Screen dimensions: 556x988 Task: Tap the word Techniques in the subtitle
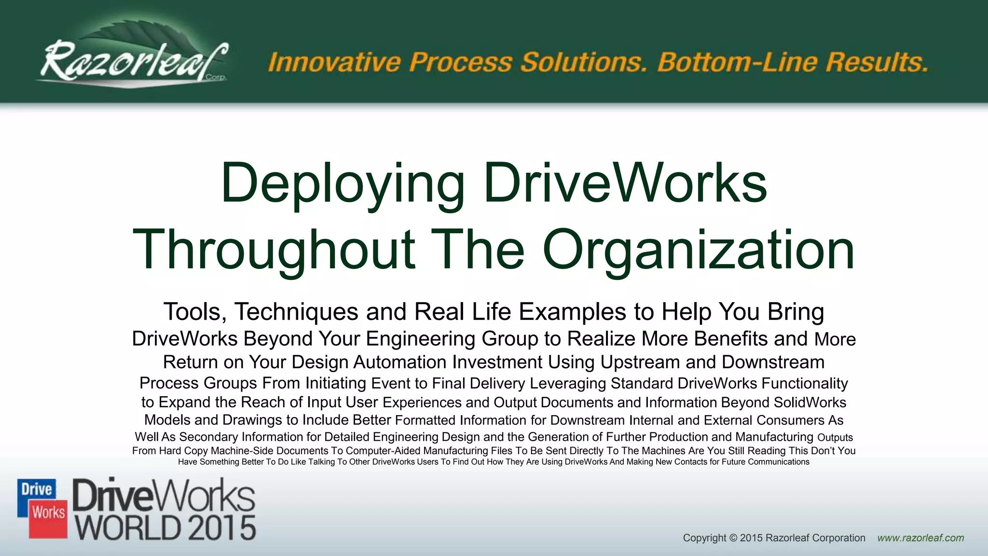tap(296, 311)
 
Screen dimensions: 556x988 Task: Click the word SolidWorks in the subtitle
tap(810, 403)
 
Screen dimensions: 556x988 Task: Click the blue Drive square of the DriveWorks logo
tap(37, 491)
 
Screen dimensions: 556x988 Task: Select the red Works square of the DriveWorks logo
tap(49, 513)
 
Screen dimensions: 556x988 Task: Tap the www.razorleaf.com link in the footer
tap(920, 538)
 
